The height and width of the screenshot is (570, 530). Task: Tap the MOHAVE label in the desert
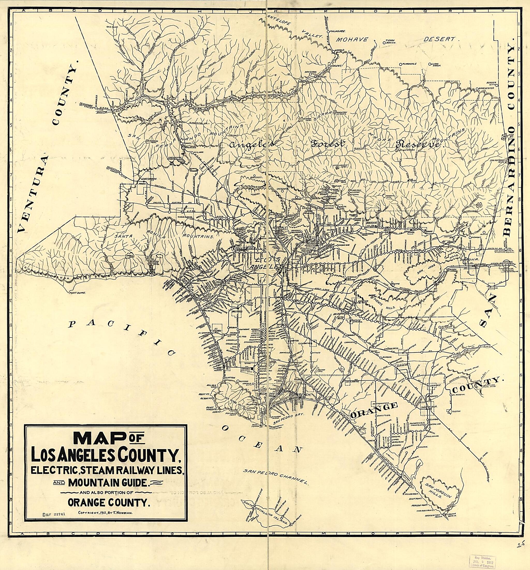coord(352,40)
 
